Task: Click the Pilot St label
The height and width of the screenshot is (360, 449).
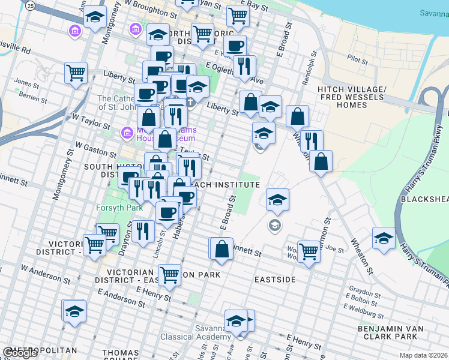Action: click(357, 60)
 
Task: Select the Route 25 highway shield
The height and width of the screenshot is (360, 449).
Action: click(29, 5)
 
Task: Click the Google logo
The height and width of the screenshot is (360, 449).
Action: click(20, 353)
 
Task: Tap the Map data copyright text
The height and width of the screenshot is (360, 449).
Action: click(424, 355)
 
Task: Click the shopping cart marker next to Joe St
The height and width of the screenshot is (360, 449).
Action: click(309, 251)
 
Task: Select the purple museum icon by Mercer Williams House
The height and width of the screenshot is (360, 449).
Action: click(127, 132)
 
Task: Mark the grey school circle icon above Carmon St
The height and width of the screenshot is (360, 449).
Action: click(274, 226)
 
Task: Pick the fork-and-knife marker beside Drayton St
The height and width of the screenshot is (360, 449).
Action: click(142, 231)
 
